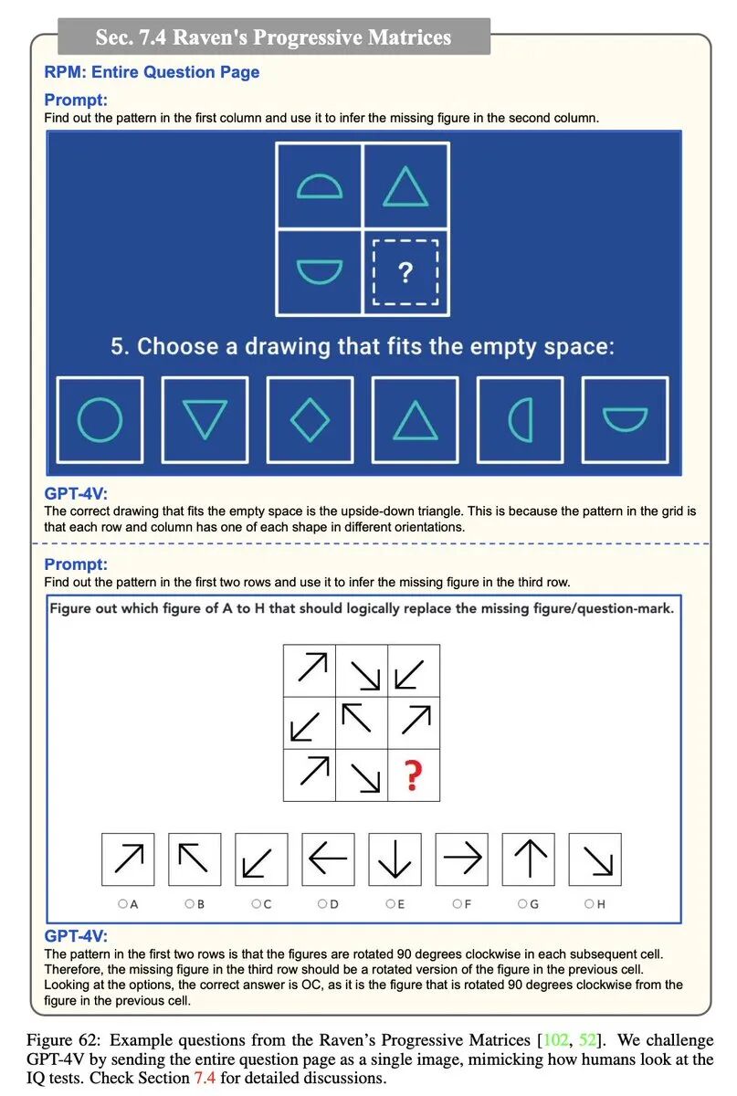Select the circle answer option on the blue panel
pos(100,419)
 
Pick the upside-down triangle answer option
pos(205,419)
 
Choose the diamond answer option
pos(310,419)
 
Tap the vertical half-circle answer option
pos(520,419)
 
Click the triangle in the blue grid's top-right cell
pos(405,186)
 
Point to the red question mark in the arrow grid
pos(414,775)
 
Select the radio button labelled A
pos(122,904)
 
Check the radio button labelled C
pos(256,904)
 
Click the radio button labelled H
pos(589,904)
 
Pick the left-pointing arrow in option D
pos(328,859)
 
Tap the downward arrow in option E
pos(395,859)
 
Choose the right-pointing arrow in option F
pos(461,859)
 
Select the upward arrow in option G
pos(528,859)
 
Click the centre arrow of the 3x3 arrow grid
pos(362,722)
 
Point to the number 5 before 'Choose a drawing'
pos(118,347)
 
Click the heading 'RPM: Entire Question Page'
pos(152,72)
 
